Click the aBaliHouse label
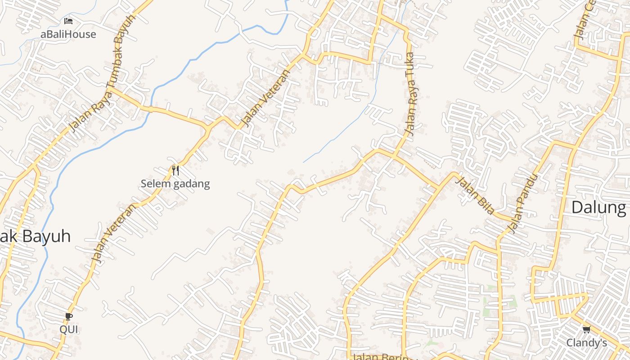click(x=68, y=34)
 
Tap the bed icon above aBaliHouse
click(x=68, y=21)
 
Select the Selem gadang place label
click(x=175, y=184)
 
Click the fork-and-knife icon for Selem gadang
click(x=175, y=171)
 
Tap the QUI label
click(x=69, y=329)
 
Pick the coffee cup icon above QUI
click(x=69, y=317)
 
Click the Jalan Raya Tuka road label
click(x=410, y=94)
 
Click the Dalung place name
click(x=598, y=207)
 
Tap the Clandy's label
click(x=586, y=343)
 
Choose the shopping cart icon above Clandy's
click(x=586, y=330)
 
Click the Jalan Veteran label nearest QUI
click(x=113, y=233)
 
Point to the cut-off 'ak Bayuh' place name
click(x=35, y=236)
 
